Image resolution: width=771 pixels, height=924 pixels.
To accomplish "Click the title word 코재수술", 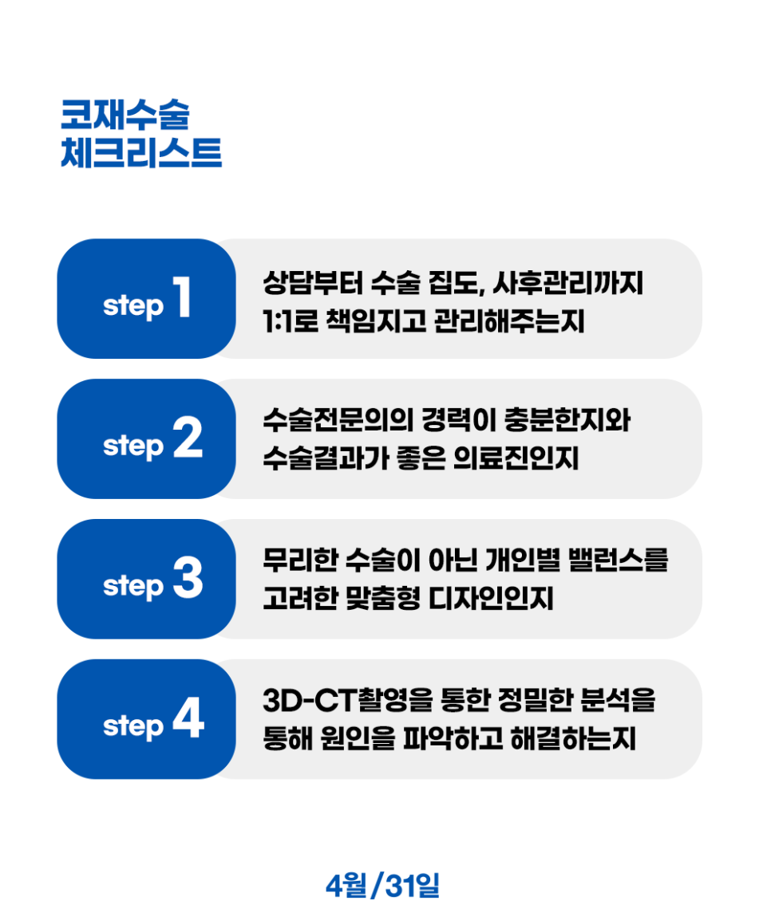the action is coord(125,114).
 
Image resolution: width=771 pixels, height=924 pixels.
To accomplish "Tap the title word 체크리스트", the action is coord(141,152).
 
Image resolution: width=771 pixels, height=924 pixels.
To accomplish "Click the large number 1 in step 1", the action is coord(182,297).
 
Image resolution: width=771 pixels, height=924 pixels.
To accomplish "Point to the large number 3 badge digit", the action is coord(188,577).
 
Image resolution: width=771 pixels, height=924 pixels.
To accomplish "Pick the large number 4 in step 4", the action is coord(189,718).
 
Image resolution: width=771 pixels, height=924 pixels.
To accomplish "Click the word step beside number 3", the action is coord(132,586).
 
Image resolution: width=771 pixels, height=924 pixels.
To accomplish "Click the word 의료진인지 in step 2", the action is coord(516,458).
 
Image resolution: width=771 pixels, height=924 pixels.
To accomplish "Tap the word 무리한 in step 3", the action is coord(300,559).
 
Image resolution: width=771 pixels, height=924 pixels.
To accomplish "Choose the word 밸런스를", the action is coord(619,559).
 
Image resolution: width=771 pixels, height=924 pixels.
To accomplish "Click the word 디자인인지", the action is coord(491,599).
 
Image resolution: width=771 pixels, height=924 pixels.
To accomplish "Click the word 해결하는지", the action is coord(573,738).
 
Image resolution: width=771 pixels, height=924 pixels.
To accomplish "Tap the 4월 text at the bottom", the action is coord(346,885).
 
